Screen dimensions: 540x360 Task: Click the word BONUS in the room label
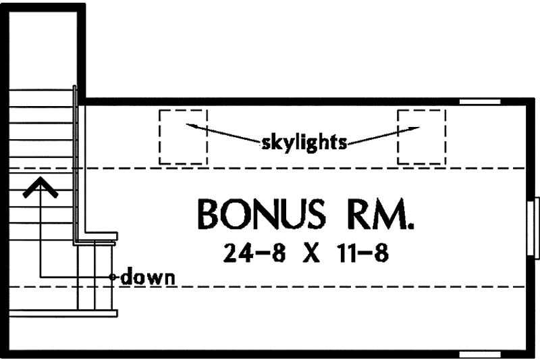click(x=261, y=214)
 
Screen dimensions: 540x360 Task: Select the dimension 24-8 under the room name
click(x=254, y=253)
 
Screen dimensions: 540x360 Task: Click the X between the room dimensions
click(x=311, y=253)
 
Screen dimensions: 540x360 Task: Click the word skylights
click(x=304, y=142)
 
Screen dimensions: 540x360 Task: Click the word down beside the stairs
click(x=148, y=277)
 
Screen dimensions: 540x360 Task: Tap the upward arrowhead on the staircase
click(x=40, y=187)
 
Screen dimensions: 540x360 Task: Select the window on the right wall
click(x=533, y=228)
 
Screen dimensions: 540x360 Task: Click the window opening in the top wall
click(x=480, y=101)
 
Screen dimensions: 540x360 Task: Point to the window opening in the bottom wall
click(x=480, y=354)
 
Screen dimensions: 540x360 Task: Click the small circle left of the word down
click(x=112, y=277)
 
